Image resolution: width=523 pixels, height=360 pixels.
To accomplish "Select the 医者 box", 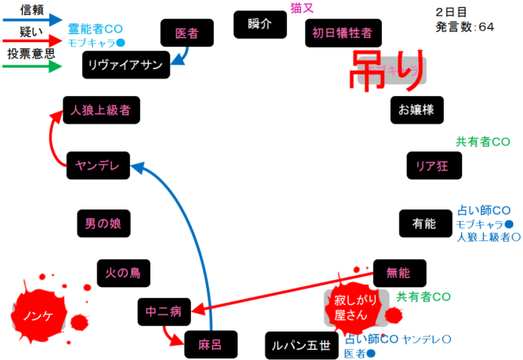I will click(186, 33).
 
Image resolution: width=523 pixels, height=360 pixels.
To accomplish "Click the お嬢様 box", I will click(417, 109).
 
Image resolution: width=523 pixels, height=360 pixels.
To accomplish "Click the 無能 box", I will click(399, 273).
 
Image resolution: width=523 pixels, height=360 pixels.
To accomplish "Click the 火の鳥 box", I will click(123, 273).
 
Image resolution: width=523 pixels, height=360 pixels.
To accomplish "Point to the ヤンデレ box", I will click(97, 164).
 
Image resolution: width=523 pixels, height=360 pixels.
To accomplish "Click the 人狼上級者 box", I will click(101, 109).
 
